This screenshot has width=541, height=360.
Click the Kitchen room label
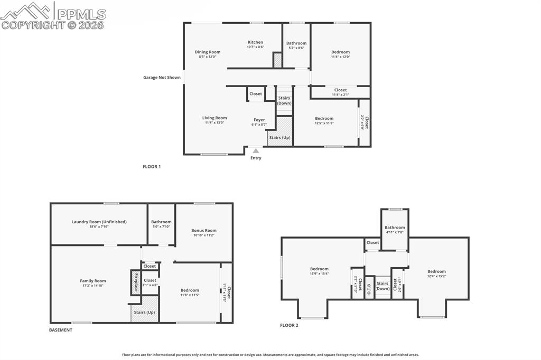point(255,42)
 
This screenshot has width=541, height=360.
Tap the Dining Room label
point(207,52)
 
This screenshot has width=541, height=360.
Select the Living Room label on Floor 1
point(214,118)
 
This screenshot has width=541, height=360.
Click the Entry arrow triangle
point(256,151)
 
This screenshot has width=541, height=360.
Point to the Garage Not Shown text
point(162,78)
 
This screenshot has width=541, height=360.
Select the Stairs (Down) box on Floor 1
point(284,100)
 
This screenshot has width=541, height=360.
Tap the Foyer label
point(259,120)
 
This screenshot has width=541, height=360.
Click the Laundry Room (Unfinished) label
point(99,222)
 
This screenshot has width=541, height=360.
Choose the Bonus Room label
point(204,230)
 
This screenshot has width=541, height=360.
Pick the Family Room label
point(93,281)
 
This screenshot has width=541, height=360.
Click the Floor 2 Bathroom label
point(395,228)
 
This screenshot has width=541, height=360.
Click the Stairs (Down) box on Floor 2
point(383,286)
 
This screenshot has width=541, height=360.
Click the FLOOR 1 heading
point(152,167)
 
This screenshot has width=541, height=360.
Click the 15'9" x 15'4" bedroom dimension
point(319,273)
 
